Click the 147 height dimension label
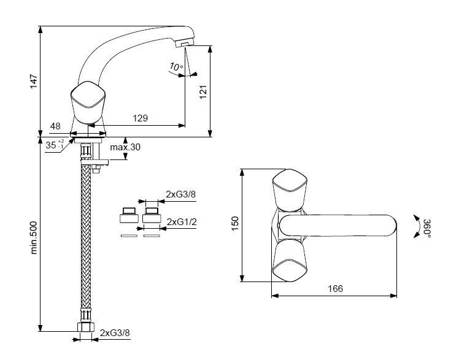coord(34,82)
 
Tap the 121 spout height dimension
coord(203,92)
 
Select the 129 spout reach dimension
coord(141,118)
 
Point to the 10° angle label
coord(176,67)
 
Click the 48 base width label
coord(55,126)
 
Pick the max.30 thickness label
coord(125,147)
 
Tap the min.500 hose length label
coord(34,237)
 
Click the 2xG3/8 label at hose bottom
coord(115,333)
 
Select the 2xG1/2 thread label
coord(182,222)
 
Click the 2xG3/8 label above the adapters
coord(180,194)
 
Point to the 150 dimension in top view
coord(235,223)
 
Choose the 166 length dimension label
coord(335,289)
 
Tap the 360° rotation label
coord(427,228)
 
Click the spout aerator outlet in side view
coord(185,44)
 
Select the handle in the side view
coord(88,102)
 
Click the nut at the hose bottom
coord(85,327)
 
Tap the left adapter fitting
coord(129,215)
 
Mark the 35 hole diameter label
coord(55,145)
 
